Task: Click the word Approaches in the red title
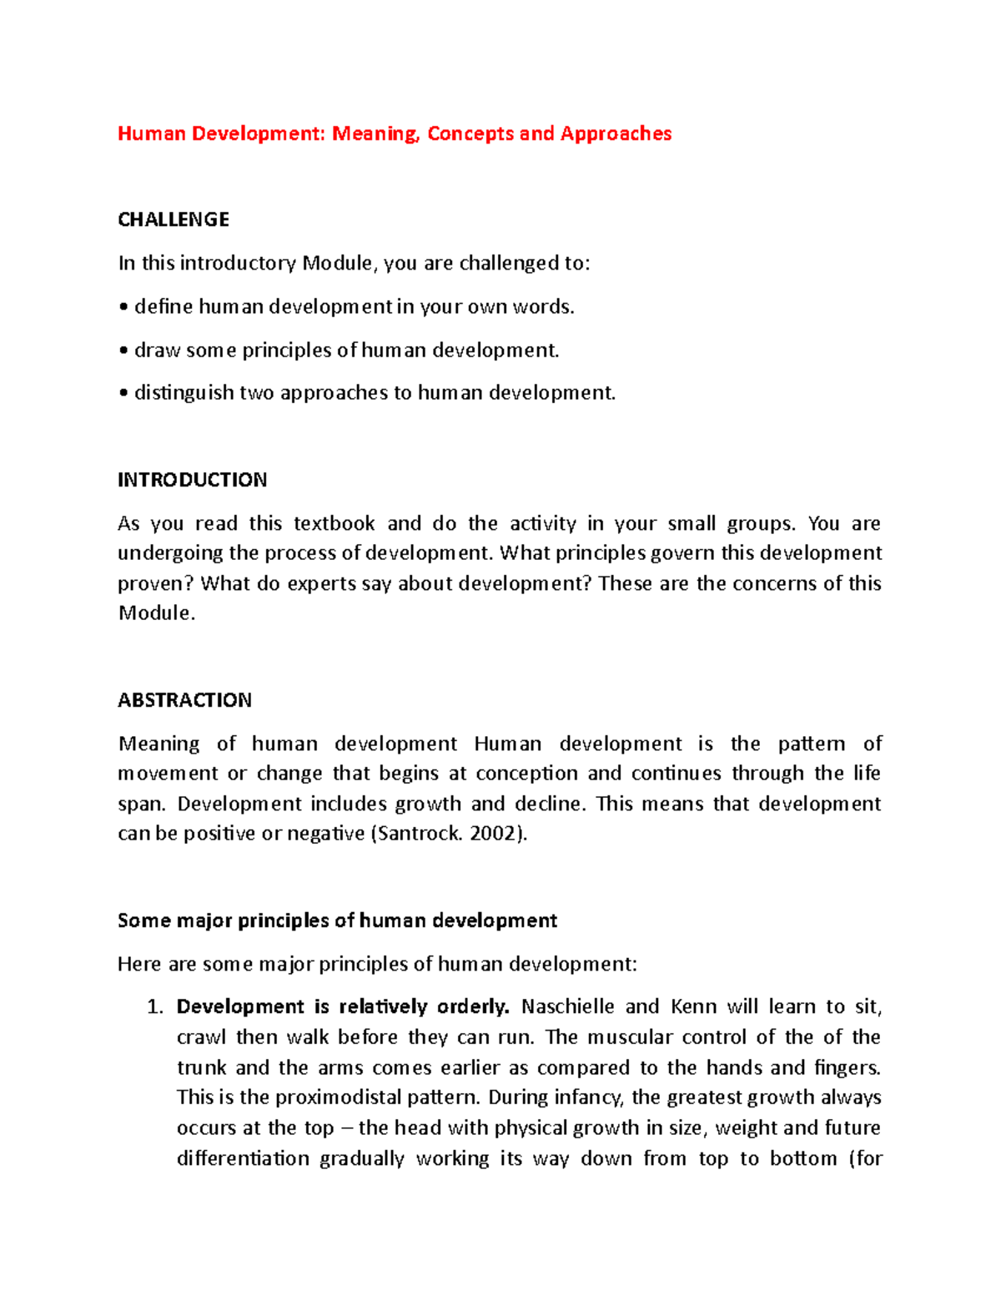click(616, 134)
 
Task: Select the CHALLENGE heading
click(174, 219)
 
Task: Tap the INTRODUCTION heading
click(192, 480)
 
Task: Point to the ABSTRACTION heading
click(184, 700)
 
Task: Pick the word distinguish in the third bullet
click(184, 393)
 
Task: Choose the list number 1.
click(153, 1007)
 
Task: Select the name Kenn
click(693, 1007)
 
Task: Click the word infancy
click(591, 1097)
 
